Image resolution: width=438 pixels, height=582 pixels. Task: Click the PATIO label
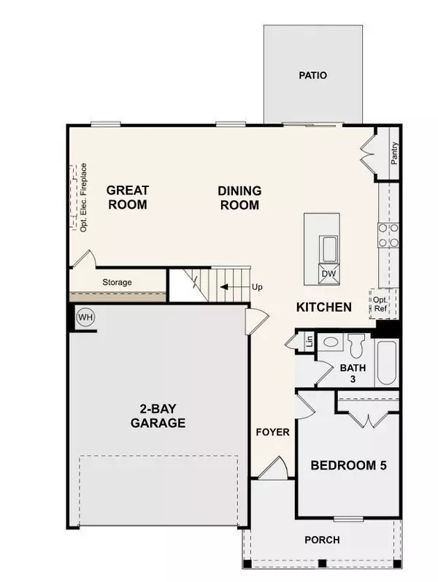click(x=312, y=75)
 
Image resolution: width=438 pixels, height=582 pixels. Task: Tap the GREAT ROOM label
click(x=128, y=197)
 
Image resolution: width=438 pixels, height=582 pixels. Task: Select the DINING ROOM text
click(x=239, y=198)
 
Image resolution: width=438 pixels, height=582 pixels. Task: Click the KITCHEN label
click(x=324, y=307)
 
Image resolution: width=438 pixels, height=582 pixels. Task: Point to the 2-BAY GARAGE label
click(x=158, y=416)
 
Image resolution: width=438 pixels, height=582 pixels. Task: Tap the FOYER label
click(x=273, y=432)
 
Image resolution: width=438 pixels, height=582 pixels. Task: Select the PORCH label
click(x=322, y=540)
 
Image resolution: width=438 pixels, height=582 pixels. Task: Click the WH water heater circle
click(x=86, y=318)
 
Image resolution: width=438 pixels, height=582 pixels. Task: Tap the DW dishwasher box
click(x=322, y=274)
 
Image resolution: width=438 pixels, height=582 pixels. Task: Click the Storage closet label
click(x=116, y=281)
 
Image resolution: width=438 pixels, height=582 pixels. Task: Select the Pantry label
click(x=394, y=153)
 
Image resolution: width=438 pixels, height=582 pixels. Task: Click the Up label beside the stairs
click(x=256, y=287)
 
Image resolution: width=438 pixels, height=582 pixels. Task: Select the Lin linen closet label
click(x=309, y=340)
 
